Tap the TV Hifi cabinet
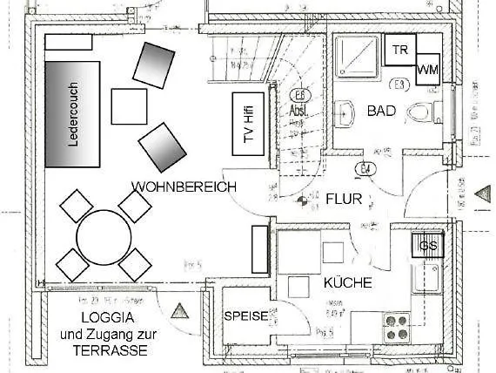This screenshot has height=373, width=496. click(249, 122)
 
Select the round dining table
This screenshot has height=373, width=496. click(104, 236)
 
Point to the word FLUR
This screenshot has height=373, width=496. click(343, 199)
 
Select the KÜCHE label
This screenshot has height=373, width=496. click(348, 282)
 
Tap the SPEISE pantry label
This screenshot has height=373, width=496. click(246, 316)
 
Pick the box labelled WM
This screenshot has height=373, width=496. click(427, 69)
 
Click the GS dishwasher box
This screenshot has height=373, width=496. click(428, 246)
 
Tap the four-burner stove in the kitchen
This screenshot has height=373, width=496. click(399, 327)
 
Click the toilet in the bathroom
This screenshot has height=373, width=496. click(420, 112)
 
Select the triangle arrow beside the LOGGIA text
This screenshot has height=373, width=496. click(181, 310)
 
